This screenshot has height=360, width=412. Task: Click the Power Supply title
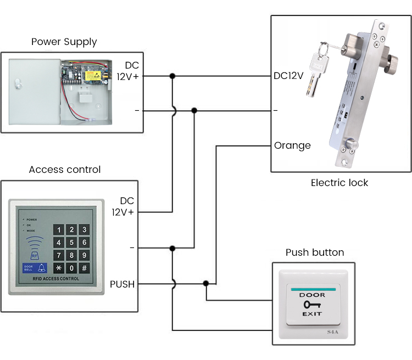pos(64,42)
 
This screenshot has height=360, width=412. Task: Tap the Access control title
pos(65,170)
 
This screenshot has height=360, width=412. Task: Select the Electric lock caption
pos(339,183)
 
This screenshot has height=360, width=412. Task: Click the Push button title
pos(315,252)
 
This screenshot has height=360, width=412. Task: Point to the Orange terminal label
pos(292,145)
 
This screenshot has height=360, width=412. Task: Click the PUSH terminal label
pos(122,284)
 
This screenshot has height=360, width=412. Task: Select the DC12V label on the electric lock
pos(288,76)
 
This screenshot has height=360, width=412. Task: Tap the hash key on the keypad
pos(84,268)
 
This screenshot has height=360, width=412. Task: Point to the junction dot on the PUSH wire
pos(206,284)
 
